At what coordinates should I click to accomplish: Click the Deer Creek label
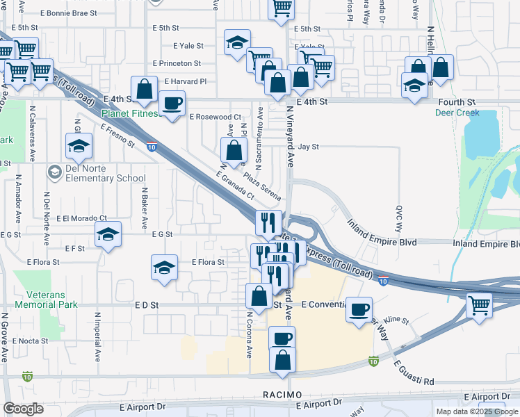[x=457, y=113]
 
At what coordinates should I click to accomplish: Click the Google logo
[x=23, y=409]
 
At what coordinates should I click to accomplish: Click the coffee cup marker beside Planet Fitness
[x=172, y=104]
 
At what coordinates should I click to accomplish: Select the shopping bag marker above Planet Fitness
[x=144, y=89]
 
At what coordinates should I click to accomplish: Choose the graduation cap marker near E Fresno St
[x=79, y=146]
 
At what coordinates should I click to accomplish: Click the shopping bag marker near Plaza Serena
[x=234, y=149]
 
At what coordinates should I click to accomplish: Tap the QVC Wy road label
[x=400, y=218]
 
